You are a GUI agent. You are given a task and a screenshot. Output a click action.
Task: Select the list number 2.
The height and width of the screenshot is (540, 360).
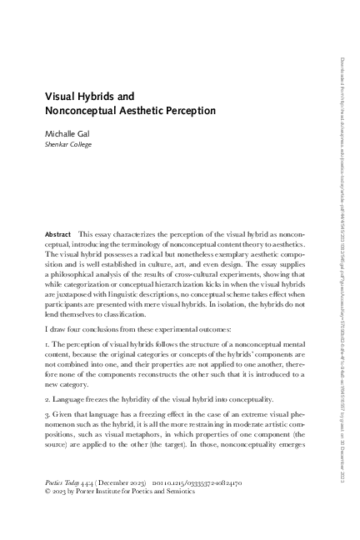pyautogui.click(x=47, y=399)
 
